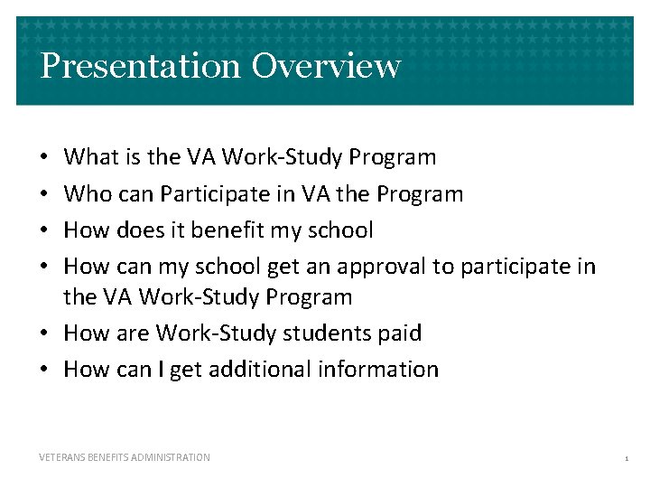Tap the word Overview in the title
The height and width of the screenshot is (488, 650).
click(326, 66)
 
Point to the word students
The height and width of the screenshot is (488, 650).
click(316, 333)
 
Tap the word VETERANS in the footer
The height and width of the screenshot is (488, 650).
click(62, 457)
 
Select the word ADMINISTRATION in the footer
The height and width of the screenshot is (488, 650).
click(172, 457)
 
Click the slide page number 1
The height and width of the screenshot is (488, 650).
click(626, 459)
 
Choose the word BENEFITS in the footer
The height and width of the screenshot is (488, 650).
click(109, 457)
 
